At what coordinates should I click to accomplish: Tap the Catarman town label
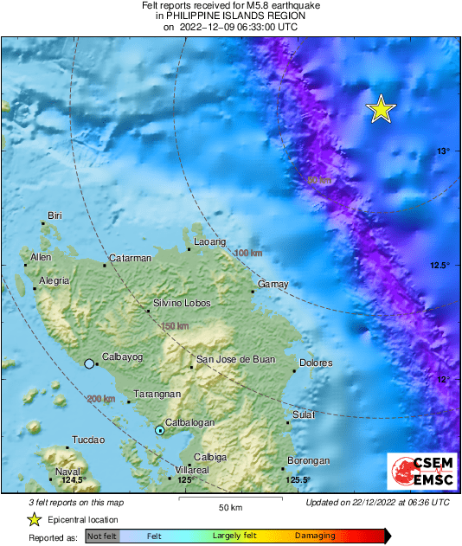130,258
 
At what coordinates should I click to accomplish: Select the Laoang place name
209,241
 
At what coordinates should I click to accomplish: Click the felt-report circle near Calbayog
89,364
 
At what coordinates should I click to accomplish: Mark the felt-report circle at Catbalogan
159,430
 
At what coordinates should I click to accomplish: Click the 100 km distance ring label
248,253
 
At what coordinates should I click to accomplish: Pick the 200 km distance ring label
101,399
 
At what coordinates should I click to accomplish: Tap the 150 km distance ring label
175,325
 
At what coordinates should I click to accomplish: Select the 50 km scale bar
229,500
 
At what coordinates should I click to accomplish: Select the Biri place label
55,215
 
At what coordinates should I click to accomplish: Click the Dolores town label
315,363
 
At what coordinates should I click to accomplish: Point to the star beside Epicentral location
34,519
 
